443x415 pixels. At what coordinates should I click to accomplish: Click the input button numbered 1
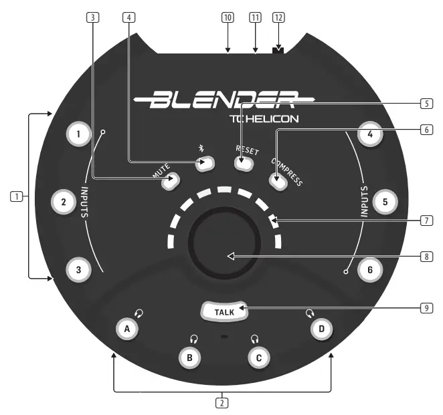[x=78, y=134]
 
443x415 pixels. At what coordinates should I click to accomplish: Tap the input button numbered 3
[x=78, y=270]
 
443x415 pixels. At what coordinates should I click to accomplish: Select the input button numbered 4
[x=369, y=134]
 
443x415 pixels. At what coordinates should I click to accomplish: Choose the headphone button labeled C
[x=259, y=358]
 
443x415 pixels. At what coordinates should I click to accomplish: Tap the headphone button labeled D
[x=322, y=329]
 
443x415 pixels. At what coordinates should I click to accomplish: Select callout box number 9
[x=424, y=308]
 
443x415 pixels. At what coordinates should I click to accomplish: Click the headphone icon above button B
[x=193, y=339]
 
